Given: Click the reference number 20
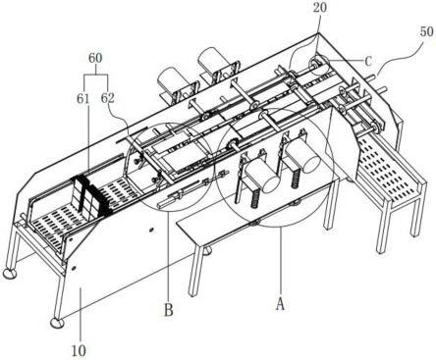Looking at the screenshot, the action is point(320,7).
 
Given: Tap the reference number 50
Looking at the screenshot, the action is point(426,31).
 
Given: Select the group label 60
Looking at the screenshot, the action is point(95,58).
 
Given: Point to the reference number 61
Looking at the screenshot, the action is point(83,98).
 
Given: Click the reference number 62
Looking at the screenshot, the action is point(108,98).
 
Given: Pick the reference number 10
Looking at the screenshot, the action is point(79,350).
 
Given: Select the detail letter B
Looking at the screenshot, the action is point(169,310).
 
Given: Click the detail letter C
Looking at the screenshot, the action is point(368,61).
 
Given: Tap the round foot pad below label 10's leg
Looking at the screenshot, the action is point(58,323).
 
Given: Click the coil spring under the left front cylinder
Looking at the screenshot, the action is point(255,199).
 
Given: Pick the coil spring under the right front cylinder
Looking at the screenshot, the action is point(296,180).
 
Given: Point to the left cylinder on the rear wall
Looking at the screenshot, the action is point(170,80).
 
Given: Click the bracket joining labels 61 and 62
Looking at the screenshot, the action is point(95,76).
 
